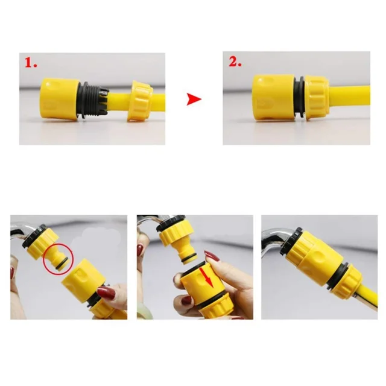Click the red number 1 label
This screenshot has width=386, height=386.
coord(31,63)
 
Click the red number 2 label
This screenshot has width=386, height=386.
coord(235,62)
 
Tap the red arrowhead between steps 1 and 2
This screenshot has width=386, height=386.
coord(194,99)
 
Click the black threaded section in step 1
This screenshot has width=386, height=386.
coord(92,99)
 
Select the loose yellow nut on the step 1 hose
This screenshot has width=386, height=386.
coord(140,101)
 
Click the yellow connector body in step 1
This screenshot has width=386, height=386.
coord(60,99)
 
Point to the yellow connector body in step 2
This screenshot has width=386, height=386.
coord(273,98)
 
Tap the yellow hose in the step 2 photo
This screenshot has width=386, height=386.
coord(350,98)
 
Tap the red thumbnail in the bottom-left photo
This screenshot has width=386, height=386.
coord(106,293)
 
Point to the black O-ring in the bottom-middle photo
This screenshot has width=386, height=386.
coord(190,260)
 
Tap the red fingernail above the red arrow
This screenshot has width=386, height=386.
coord(212,256)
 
